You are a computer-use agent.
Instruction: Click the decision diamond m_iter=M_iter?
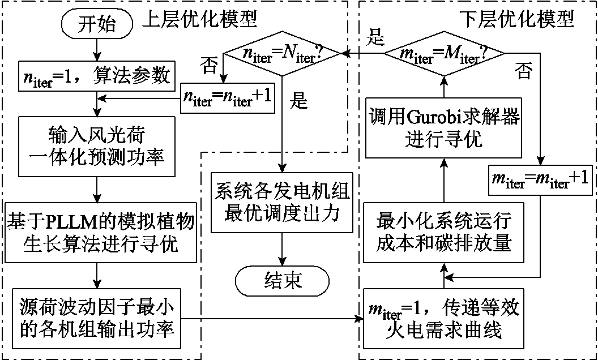click(x=444, y=54)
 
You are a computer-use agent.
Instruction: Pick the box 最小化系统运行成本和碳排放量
click(x=444, y=233)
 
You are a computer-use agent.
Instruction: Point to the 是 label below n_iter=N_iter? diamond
click(x=298, y=101)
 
